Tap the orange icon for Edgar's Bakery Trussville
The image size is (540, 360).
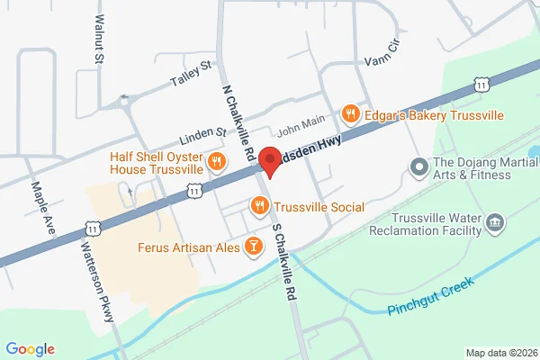[351, 114]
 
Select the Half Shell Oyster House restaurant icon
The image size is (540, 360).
[215, 162]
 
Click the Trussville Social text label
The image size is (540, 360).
[319, 207]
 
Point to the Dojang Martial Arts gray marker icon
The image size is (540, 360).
[418, 166]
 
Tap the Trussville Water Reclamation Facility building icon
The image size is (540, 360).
[494, 222]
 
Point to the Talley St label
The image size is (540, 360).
[191, 76]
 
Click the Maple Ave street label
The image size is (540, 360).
[42, 204]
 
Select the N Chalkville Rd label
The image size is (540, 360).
[236, 112]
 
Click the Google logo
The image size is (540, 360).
[31, 349]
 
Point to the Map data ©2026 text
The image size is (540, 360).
[500, 352]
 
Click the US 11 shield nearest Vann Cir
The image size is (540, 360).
[483, 84]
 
